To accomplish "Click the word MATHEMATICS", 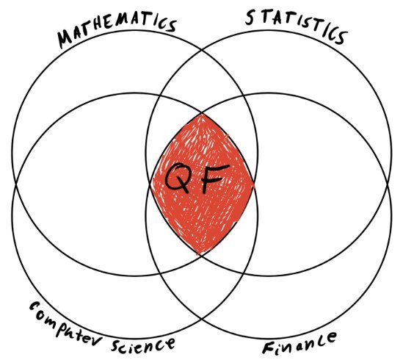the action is click(117, 29).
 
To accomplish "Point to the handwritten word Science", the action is click(143, 344).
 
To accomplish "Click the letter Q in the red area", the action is click(178, 178).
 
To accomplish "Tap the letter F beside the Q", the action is click(214, 178).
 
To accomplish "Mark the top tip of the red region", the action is click(202, 113).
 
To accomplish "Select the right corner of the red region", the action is click(255, 184).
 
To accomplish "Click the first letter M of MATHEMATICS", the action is click(65, 39).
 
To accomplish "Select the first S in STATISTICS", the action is click(250, 18).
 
